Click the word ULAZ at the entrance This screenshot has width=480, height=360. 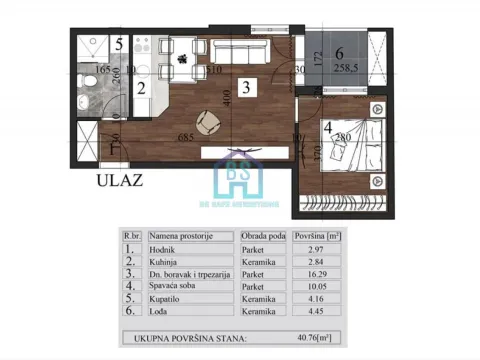click(x=117, y=181)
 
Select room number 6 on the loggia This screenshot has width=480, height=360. click(x=339, y=53)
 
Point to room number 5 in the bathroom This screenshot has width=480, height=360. click(x=118, y=44)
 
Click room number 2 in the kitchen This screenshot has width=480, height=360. click(x=141, y=89)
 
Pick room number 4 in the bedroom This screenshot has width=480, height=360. click(x=328, y=128)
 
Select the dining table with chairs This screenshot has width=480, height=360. click(x=185, y=56)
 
